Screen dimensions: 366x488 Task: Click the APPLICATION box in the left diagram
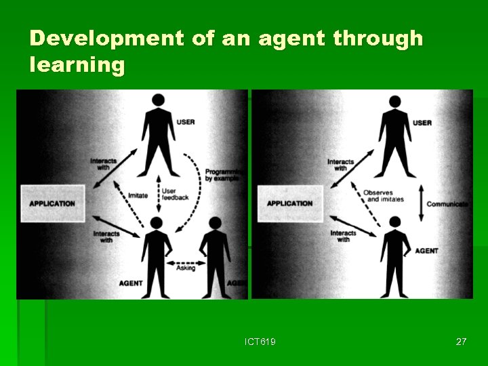52,203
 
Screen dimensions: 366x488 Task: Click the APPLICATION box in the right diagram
289,203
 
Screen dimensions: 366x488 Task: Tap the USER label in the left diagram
185,122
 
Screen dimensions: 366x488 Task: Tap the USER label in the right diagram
422,123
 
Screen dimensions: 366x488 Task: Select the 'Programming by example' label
223,176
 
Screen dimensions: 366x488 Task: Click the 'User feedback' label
175,194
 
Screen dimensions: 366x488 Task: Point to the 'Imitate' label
138,196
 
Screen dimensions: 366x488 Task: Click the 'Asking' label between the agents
185,268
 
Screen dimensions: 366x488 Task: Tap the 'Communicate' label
447,203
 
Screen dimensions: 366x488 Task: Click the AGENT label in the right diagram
426,251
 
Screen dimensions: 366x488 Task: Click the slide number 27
461,342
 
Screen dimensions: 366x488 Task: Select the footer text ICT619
260,342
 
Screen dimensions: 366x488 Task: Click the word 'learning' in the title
77,65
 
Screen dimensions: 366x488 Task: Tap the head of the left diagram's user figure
158,100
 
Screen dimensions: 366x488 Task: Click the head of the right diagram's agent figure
395,222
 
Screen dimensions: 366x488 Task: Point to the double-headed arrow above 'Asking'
186,262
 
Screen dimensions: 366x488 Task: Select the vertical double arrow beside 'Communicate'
421,203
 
